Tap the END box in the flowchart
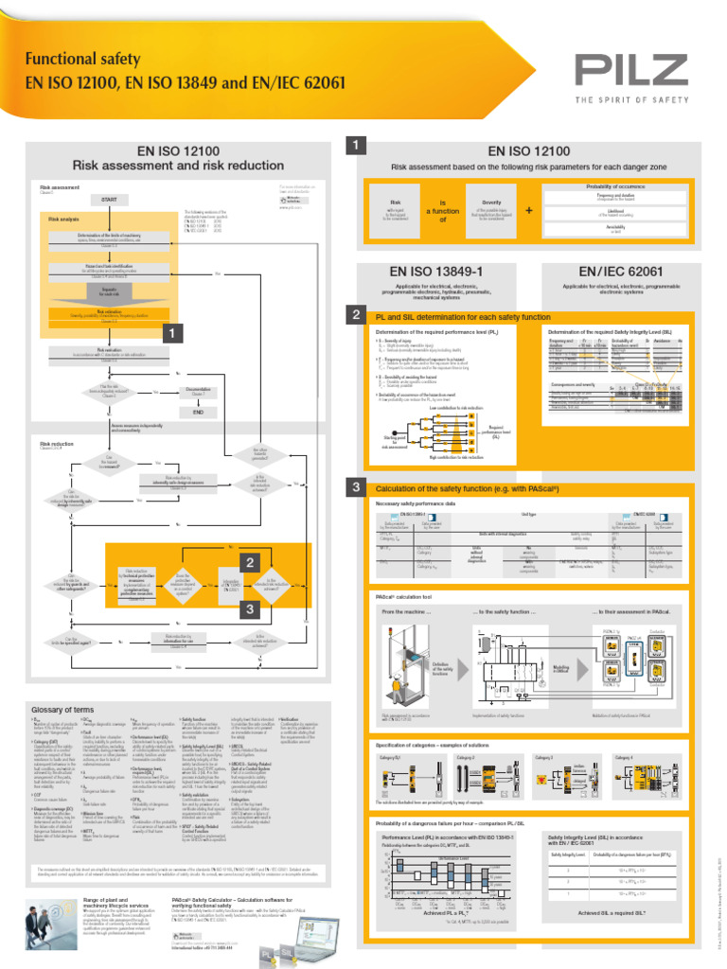click(198, 413)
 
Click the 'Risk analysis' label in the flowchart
click(64, 220)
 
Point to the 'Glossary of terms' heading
click(61, 710)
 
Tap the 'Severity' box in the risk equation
click(491, 209)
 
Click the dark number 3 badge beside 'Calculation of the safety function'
click(355, 486)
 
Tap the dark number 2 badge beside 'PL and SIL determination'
click(355, 314)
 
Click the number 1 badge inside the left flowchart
click(170, 334)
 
